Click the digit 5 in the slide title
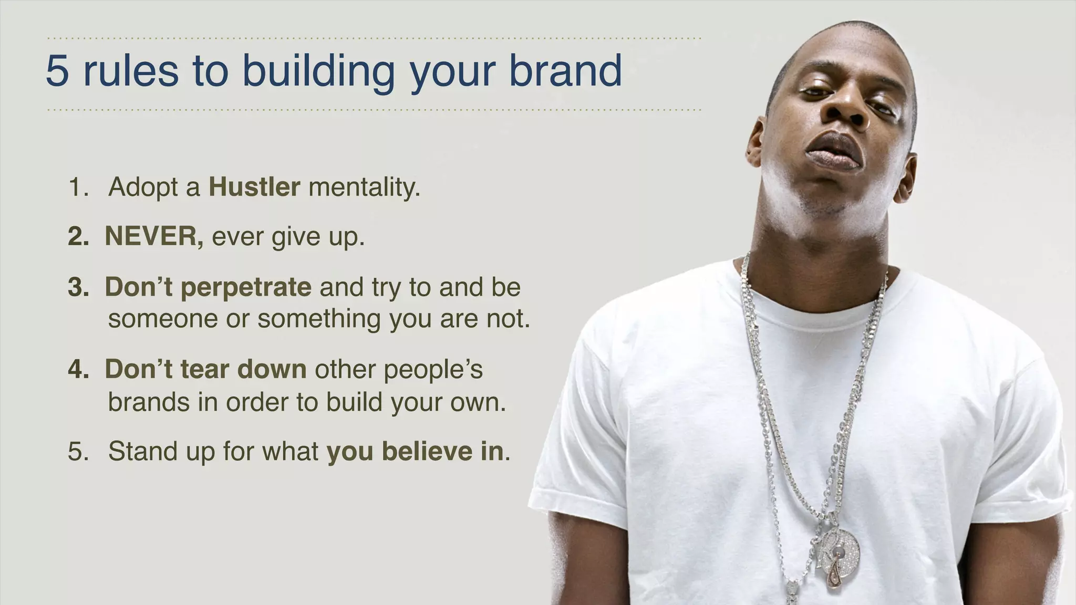coord(57,71)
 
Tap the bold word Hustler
coord(254,187)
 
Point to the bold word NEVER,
coord(154,236)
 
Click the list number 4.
coord(78,369)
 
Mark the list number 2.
coord(78,237)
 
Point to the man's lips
coord(834,151)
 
